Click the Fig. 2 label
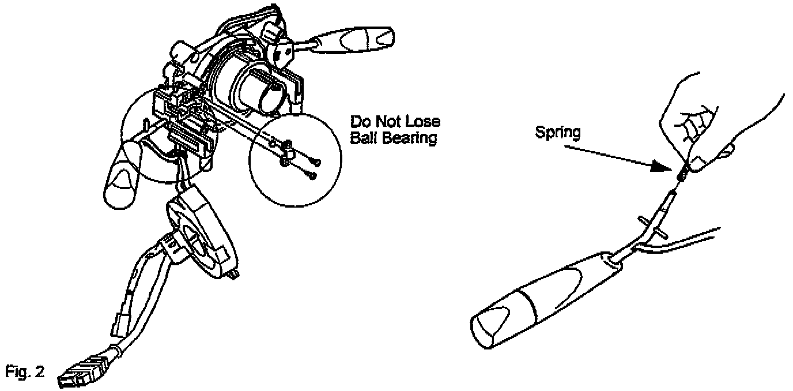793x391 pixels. point(24,371)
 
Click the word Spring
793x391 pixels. point(557,132)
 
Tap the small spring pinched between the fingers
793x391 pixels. point(684,172)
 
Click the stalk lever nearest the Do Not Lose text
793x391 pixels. point(352,40)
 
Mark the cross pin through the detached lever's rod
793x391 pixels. point(651,226)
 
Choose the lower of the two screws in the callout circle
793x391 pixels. point(312,175)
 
